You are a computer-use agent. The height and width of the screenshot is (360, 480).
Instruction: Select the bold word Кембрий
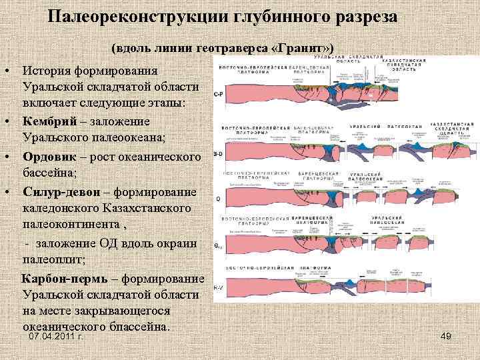tap(50, 121)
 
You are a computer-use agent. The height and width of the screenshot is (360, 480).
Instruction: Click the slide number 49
tap(446, 337)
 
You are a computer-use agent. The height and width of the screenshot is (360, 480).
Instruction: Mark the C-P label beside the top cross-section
tap(218, 96)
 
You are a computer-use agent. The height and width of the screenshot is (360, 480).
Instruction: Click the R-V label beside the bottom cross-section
tap(218, 287)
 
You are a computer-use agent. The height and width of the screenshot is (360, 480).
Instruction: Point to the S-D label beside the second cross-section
tap(218, 154)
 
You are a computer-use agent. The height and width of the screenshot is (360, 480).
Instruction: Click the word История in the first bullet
tap(44, 70)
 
